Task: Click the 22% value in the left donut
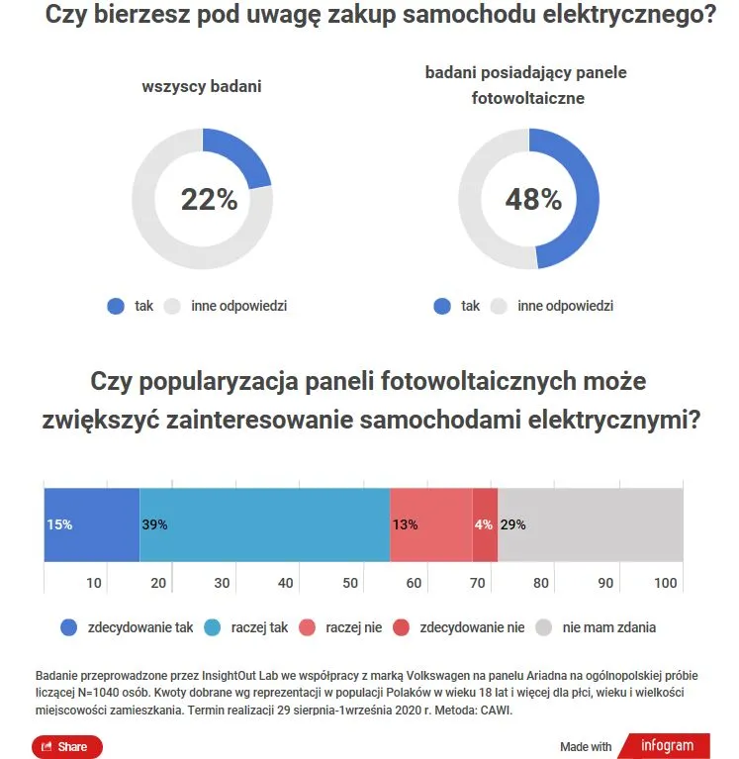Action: (x=209, y=200)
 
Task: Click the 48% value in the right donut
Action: (x=533, y=200)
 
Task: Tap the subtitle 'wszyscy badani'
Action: (x=202, y=86)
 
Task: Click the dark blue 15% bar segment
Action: (x=91, y=525)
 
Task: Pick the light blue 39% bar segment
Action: (x=264, y=525)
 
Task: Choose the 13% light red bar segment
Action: (x=430, y=525)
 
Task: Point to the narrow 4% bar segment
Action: (x=485, y=525)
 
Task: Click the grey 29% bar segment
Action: (x=591, y=525)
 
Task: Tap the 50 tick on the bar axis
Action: (x=349, y=583)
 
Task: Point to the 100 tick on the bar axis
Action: (x=666, y=583)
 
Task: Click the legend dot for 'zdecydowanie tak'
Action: (x=69, y=627)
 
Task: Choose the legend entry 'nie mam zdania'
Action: (x=608, y=627)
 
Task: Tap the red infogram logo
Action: (x=667, y=745)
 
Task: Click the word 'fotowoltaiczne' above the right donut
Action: (x=526, y=99)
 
